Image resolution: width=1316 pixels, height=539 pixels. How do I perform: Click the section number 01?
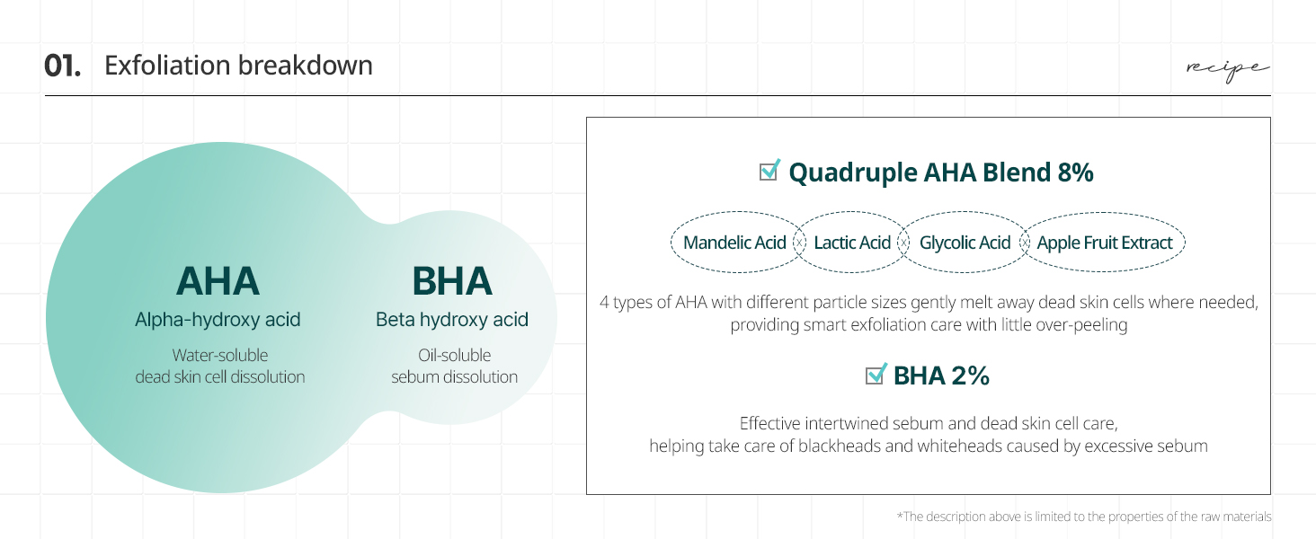(62, 66)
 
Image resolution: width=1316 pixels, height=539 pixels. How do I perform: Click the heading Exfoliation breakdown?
(238, 66)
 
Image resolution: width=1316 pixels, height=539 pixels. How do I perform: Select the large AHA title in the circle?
(218, 281)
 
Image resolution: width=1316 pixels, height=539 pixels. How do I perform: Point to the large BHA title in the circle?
(452, 281)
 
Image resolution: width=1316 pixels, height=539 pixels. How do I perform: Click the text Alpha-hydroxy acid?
(218, 320)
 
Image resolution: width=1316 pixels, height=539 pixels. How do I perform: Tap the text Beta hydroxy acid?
(452, 320)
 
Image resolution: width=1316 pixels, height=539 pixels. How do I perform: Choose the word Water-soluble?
(219, 355)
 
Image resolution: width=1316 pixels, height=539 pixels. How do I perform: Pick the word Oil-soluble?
(454, 355)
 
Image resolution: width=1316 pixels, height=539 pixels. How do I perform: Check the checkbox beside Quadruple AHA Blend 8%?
(769, 171)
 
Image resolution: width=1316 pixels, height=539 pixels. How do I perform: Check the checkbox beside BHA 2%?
(876, 374)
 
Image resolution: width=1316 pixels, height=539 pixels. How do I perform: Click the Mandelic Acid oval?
(735, 242)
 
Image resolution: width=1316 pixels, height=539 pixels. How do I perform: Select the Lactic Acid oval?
(851, 242)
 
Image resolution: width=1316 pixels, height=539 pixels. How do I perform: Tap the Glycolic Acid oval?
(965, 242)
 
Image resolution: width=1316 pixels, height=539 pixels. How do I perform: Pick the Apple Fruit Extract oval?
(1104, 242)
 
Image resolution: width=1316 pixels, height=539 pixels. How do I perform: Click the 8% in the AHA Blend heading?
(1075, 172)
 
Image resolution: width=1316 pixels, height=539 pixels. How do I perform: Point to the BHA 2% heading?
(941, 376)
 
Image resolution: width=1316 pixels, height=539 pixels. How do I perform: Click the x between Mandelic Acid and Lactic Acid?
(800, 242)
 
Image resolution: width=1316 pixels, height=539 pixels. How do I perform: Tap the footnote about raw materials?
(1084, 517)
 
